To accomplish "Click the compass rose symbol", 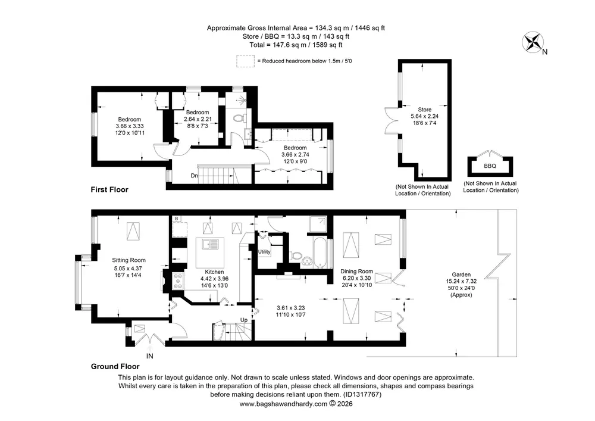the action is pos(533,42).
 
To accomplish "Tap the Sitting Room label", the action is pos(129,260).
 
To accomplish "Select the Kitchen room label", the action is pos(214,272).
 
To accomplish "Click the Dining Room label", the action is pos(356,272).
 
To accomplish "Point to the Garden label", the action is pos(461,275).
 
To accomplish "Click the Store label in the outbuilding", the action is pos(425,110).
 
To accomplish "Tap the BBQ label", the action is pos(490,166).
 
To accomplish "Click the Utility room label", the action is pos(264,252).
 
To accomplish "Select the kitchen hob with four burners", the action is pos(178,281).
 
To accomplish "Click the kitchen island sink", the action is pos(210,245).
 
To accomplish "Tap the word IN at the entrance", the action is pos(150,356).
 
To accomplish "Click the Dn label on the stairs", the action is pos(195,176).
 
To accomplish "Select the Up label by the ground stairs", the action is pos(244,320).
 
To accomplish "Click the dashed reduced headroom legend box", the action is pos(245,61).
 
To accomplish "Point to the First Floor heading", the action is pos(109,189).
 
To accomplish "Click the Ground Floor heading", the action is pos(115,366).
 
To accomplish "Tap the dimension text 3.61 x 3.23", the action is pos(291,308).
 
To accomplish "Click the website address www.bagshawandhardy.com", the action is pos(283,404).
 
